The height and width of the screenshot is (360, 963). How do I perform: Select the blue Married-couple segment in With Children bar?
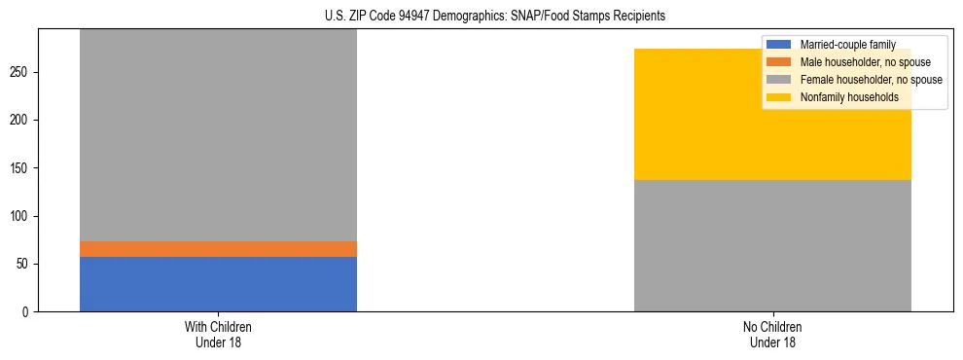click(218, 284)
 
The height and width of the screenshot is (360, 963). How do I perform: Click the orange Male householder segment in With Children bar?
click(218, 249)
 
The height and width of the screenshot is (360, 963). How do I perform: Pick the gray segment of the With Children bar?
click(218, 135)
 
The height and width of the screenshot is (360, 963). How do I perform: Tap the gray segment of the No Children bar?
click(772, 245)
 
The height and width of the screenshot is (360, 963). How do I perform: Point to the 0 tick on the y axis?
click(28, 312)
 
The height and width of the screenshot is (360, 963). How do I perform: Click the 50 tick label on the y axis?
click(25, 265)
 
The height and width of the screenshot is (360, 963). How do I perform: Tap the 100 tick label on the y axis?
click(22, 216)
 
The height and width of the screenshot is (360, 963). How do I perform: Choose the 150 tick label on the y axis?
click(22, 168)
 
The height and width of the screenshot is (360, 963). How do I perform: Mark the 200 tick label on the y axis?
click(22, 121)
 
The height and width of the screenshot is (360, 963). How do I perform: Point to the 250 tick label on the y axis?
click(22, 73)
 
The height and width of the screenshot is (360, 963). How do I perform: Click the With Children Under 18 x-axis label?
click(218, 334)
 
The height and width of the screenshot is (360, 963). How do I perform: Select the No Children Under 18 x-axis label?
click(772, 334)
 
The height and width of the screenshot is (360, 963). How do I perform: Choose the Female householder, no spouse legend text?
click(870, 80)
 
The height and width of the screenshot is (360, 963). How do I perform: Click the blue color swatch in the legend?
click(779, 45)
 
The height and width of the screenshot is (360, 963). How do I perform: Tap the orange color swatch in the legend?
click(779, 62)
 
